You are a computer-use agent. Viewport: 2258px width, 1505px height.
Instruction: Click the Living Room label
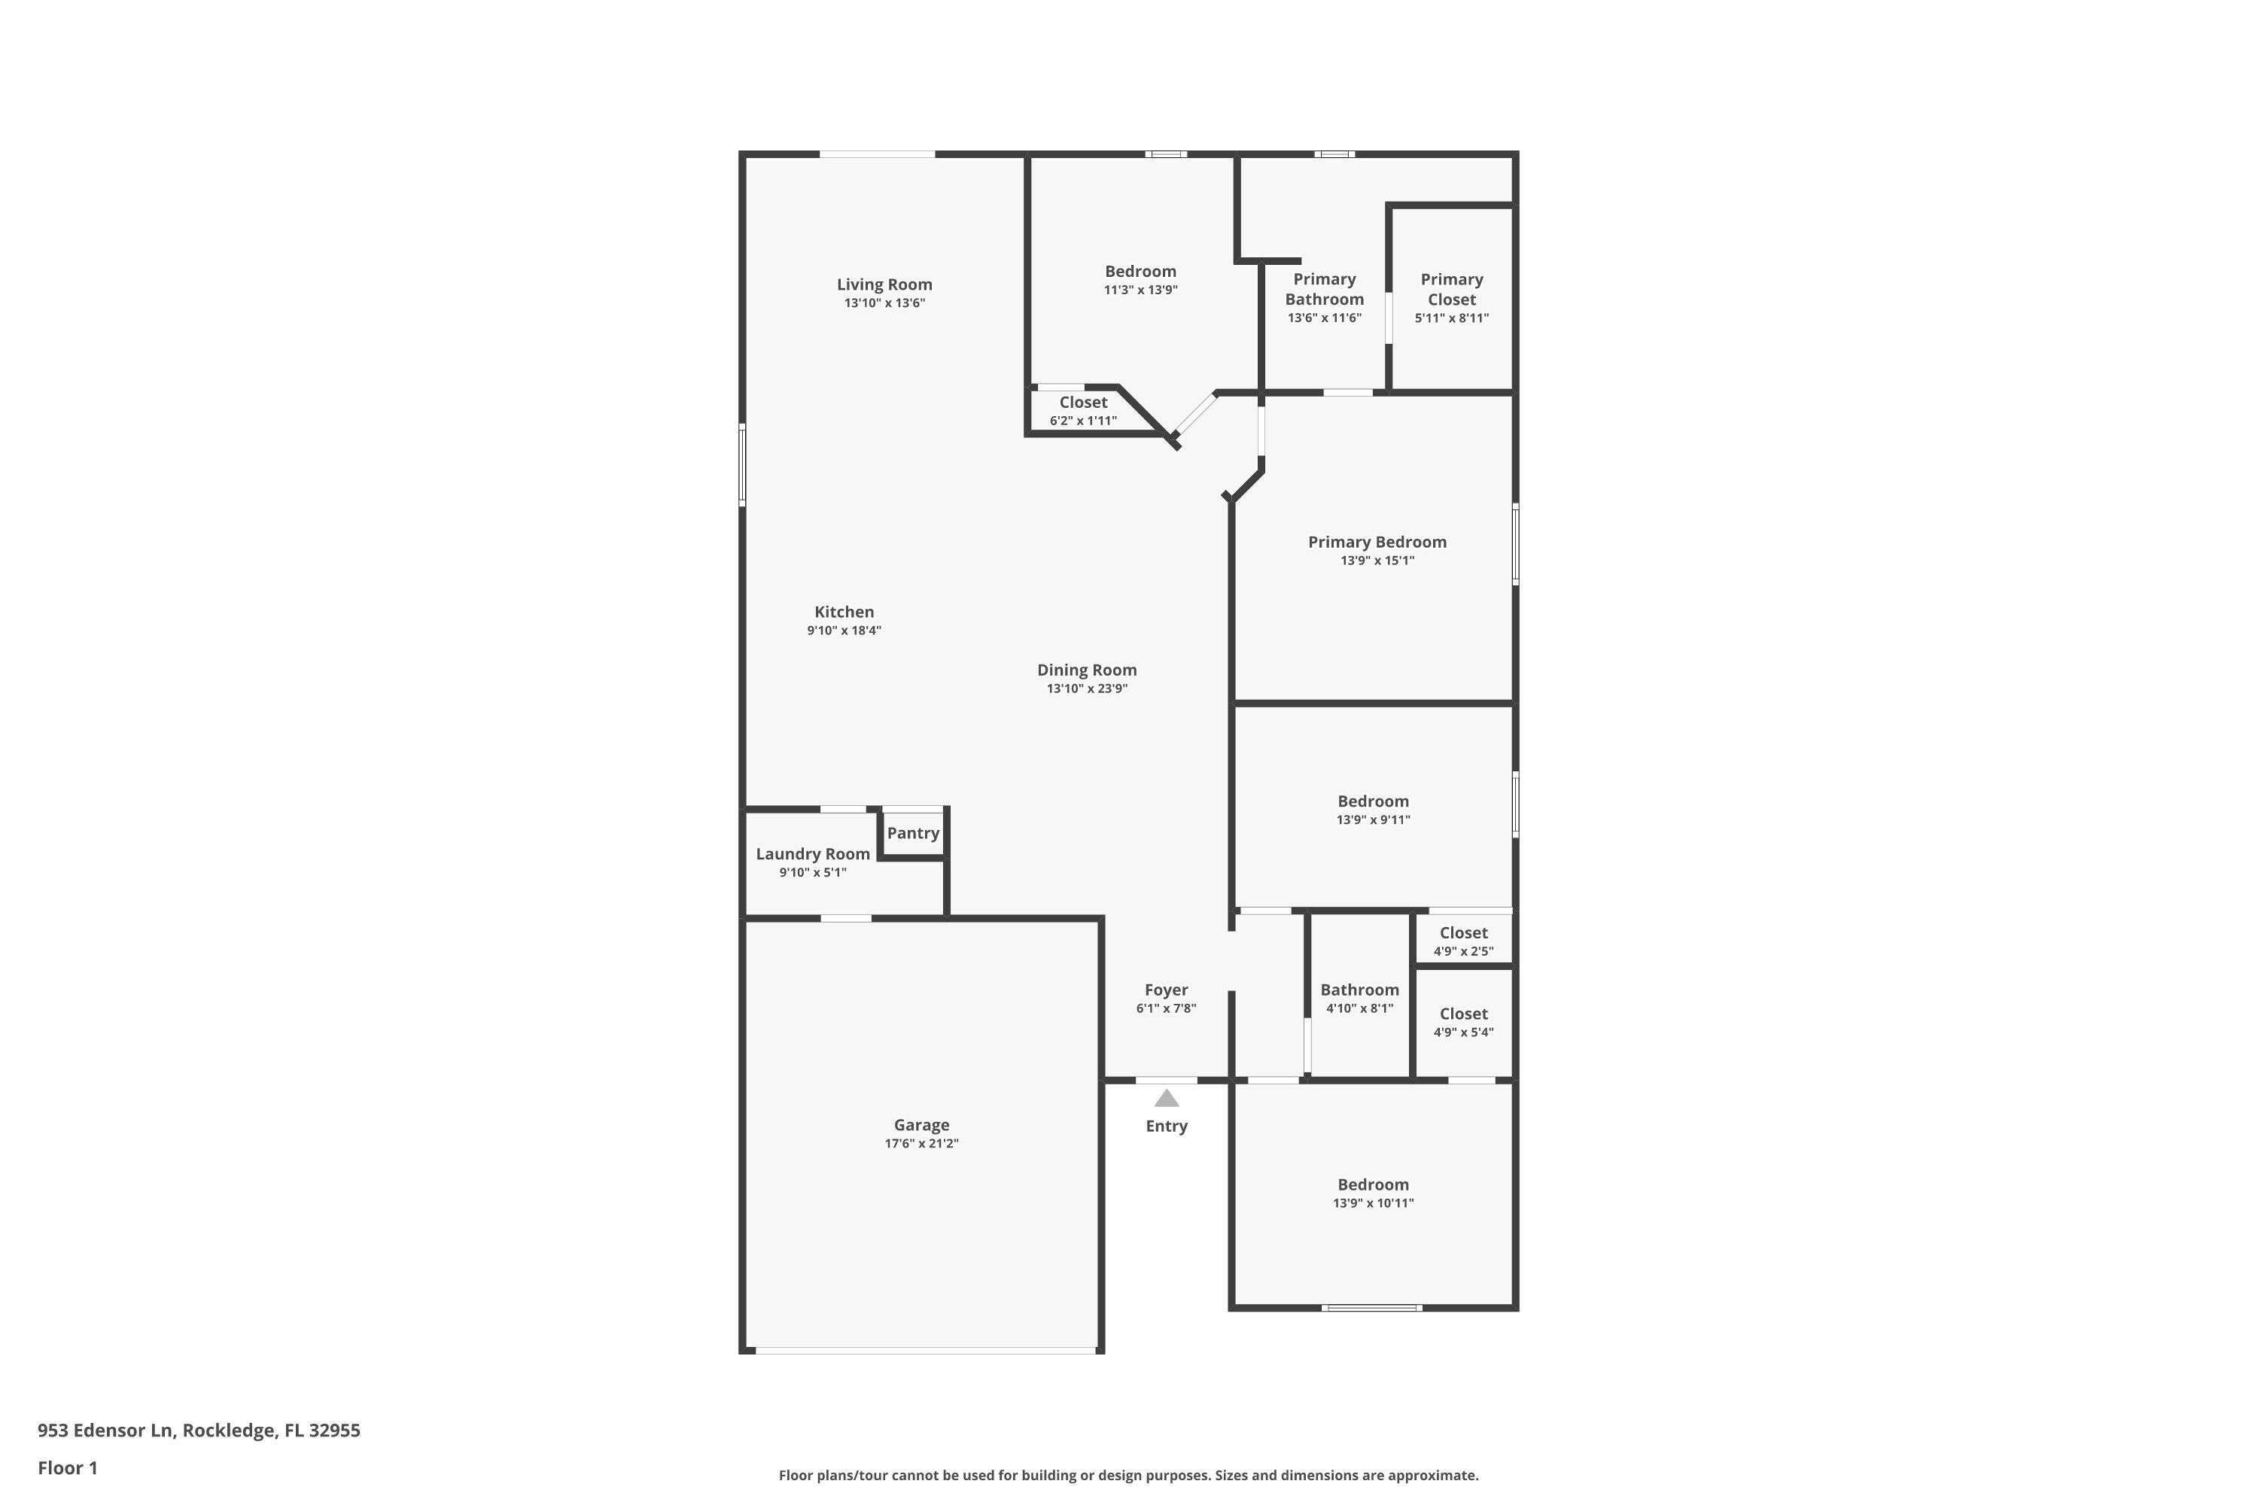pyautogui.click(x=884, y=284)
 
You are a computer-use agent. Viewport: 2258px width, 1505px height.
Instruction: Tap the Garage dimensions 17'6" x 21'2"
pyautogui.click(x=921, y=1143)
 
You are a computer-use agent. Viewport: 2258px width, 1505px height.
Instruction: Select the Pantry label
pyautogui.click(x=913, y=833)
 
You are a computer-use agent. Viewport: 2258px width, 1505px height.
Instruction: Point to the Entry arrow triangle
pyautogui.click(x=1167, y=1098)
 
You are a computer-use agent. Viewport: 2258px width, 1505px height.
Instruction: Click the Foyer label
pyautogui.click(x=1167, y=990)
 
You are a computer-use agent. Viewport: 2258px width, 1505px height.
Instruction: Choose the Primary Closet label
pyautogui.click(x=1452, y=289)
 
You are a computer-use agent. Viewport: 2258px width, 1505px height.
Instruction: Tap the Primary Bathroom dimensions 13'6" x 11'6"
pyautogui.click(x=1324, y=318)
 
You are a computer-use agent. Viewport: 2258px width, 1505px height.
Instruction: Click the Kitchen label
pyautogui.click(x=844, y=611)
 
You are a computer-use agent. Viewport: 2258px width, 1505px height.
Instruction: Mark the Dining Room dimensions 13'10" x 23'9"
pyautogui.click(x=1087, y=689)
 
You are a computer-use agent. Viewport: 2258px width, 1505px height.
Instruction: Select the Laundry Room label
pyautogui.click(x=813, y=853)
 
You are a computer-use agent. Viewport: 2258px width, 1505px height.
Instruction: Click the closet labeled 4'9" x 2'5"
pyautogui.click(x=1463, y=941)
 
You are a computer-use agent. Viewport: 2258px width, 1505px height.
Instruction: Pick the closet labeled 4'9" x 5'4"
pyautogui.click(x=1463, y=1022)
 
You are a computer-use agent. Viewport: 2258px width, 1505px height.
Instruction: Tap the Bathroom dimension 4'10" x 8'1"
pyautogui.click(x=1359, y=1008)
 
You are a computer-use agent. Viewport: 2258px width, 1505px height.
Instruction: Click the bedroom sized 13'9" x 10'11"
pyautogui.click(x=1373, y=1193)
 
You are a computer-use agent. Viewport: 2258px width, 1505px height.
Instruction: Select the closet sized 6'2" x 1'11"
pyautogui.click(x=1083, y=411)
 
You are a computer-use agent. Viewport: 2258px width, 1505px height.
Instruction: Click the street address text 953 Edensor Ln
pyautogui.click(x=105, y=1431)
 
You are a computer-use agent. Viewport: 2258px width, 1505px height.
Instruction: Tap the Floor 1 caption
pyautogui.click(x=67, y=1467)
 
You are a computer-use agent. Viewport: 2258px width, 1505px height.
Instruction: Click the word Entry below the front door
pyautogui.click(x=1167, y=1126)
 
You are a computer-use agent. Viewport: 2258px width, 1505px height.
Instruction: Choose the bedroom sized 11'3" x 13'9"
pyautogui.click(x=1140, y=279)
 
